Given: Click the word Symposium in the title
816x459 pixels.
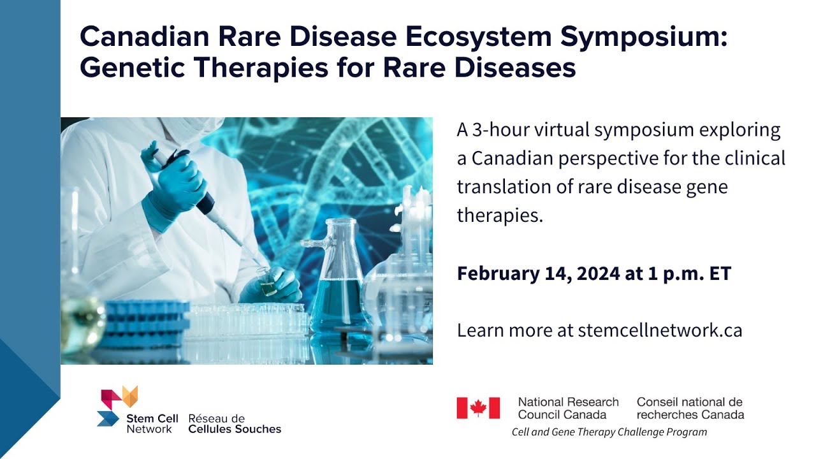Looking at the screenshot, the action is (644, 37).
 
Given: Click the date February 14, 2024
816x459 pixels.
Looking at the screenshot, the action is (539, 273).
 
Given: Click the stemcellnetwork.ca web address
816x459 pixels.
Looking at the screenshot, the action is (660, 330).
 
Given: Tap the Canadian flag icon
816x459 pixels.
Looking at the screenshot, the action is (478, 408).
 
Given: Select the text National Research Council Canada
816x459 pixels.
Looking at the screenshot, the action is (568, 409).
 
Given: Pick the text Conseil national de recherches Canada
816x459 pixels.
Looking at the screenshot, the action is (690, 409).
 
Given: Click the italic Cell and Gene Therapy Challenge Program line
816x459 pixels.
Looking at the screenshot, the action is (609, 432).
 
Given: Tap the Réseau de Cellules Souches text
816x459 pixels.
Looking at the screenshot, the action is (235, 424).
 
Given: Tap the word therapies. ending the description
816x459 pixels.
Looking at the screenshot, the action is (500, 215).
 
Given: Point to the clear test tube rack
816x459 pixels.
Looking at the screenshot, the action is (249, 320).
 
